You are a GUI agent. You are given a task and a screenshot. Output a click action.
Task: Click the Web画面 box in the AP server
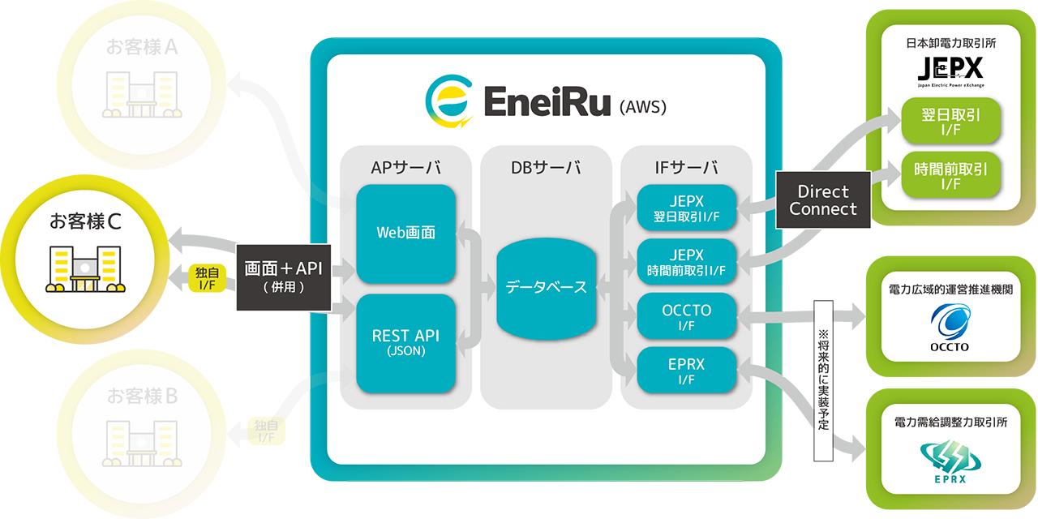coord(405,234)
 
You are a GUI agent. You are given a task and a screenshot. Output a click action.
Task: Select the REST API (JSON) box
coord(405,343)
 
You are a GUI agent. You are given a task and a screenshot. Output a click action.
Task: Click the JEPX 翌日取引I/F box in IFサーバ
coord(686,207)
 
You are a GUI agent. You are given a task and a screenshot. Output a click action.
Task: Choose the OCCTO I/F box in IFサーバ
coord(686,316)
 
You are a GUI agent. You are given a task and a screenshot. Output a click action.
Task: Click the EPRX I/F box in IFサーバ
coord(686,371)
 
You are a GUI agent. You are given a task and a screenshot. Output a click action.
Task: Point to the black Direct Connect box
coord(823,200)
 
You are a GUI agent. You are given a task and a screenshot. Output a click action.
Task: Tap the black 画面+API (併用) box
coord(283,277)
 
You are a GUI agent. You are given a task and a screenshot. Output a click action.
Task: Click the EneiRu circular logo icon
coord(448,101)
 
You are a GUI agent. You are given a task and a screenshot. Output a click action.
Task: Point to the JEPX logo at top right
coord(950,67)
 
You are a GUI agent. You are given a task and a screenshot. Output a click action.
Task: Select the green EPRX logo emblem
coord(950,459)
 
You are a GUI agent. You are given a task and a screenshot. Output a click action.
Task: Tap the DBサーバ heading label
coord(546,168)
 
